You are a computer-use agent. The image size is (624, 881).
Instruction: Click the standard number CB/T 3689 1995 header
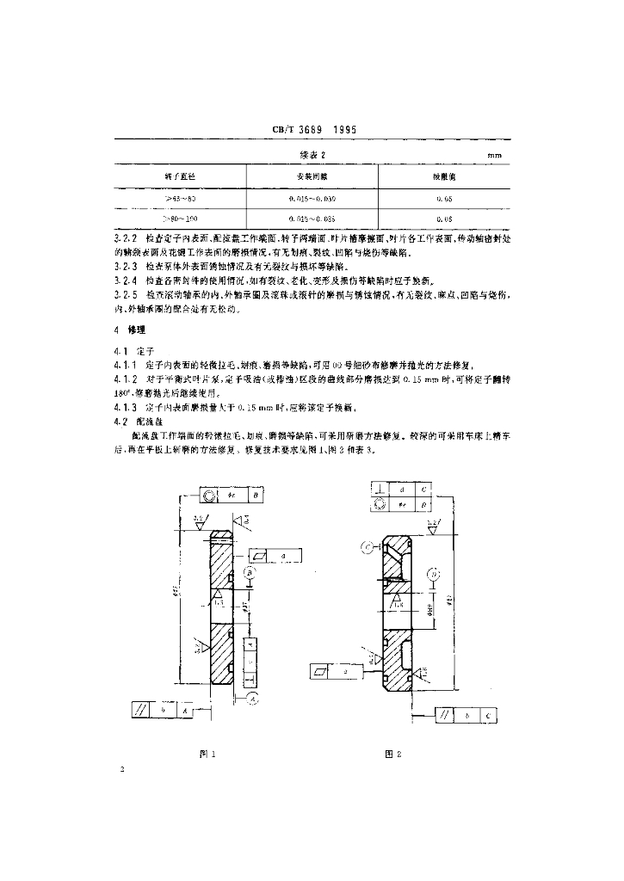pyautogui.click(x=313, y=130)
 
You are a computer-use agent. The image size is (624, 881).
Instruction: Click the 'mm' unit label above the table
pyautogui.click(x=494, y=155)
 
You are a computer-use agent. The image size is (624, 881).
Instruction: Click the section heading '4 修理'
pyautogui.click(x=131, y=330)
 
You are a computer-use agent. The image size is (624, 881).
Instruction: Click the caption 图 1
pyautogui.click(x=207, y=754)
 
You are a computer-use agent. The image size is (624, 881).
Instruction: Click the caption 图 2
pyautogui.click(x=394, y=754)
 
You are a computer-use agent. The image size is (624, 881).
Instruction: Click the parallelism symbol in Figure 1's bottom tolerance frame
pyautogui.click(x=139, y=711)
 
